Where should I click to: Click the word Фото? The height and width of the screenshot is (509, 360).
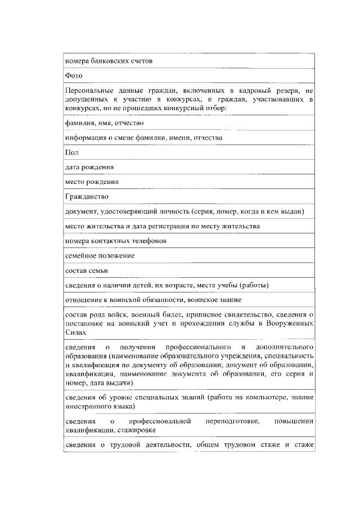pos(74,75)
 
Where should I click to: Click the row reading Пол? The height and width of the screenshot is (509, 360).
pos(71,152)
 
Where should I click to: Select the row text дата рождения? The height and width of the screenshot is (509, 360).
pos(89,167)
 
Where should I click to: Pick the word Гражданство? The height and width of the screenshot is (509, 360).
pos(87,197)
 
